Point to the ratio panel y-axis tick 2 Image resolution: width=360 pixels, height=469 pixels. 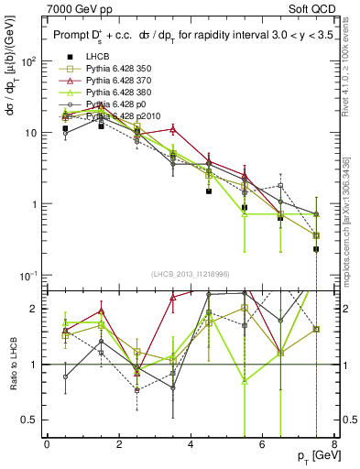(35, 309)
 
